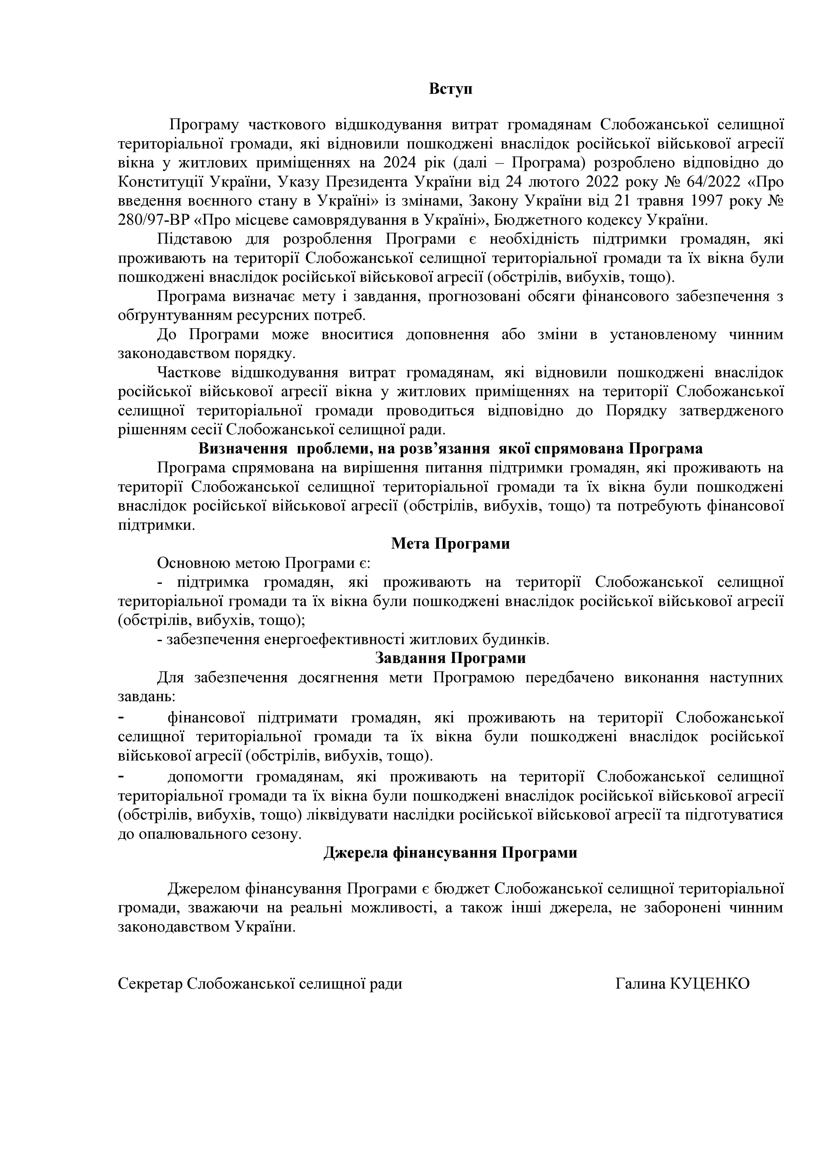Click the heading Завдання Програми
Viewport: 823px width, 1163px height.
click(x=450, y=658)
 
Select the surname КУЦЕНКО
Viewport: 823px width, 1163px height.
click(x=710, y=984)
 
